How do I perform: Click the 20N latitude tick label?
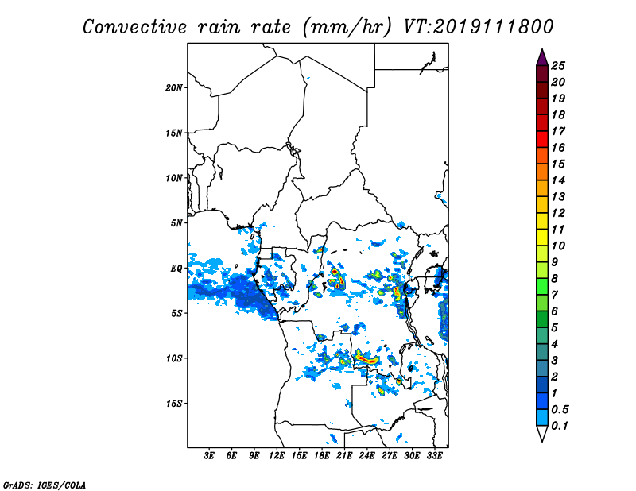point(174,88)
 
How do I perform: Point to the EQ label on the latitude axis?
point(176,269)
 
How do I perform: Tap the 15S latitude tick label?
point(174,404)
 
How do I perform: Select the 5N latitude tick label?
point(176,223)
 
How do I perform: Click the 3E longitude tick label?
point(208,456)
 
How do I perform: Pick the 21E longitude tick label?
point(344,456)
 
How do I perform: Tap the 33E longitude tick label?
point(434,456)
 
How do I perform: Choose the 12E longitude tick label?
point(276,456)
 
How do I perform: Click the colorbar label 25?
point(558,66)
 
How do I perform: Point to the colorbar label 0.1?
point(560,426)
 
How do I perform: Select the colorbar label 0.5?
point(560,409)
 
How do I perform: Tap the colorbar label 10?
point(558,246)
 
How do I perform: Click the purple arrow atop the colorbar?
point(542,58)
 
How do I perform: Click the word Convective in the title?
point(134,27)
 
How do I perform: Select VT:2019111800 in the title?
point(479,27)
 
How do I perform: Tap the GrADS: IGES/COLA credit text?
point(45,485)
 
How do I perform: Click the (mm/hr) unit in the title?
point(347,27)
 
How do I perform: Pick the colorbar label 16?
point(558,148)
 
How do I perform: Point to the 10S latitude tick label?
point(174,358)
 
